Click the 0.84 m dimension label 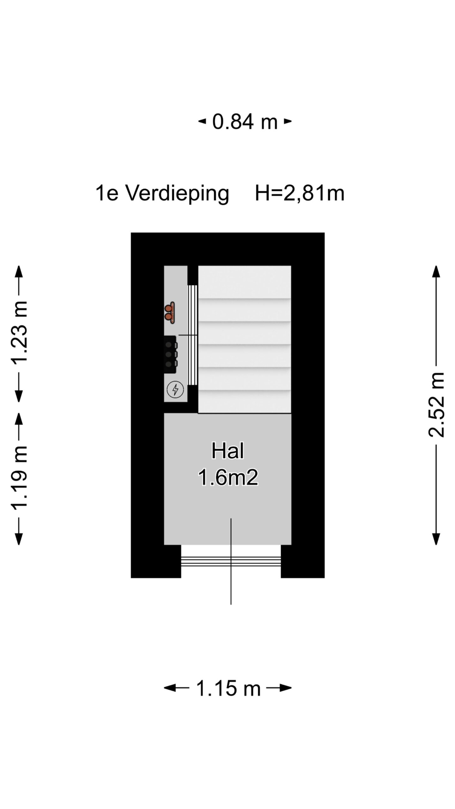245,122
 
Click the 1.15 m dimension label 228,688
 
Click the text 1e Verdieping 162,193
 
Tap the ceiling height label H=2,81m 300,193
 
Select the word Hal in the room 227,451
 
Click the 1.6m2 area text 228,477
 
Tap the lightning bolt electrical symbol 175,389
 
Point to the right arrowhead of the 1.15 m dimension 286,688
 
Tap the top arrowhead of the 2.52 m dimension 436,271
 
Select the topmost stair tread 245,282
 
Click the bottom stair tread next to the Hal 245,402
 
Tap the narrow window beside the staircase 193,335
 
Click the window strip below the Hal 231,561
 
